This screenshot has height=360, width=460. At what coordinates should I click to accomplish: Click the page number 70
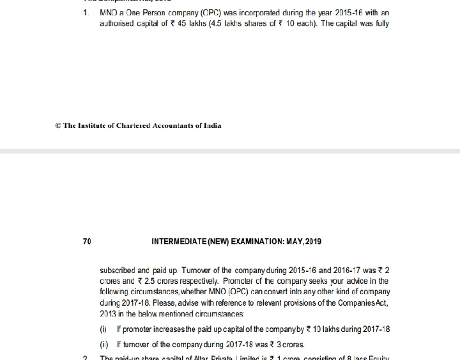(x=87, y=242)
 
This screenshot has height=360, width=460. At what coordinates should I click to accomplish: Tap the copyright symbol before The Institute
(x=59, y=125)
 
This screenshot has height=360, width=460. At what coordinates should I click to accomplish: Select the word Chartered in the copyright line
(x=130, y=125)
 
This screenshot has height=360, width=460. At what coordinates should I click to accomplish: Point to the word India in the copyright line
(x=212, y=125)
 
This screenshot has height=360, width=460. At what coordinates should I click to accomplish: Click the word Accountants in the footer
(x=174, y=125)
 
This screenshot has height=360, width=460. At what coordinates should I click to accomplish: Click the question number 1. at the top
(x=86, y=13)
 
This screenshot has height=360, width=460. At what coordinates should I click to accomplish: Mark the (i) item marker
(x=103, y=329)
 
